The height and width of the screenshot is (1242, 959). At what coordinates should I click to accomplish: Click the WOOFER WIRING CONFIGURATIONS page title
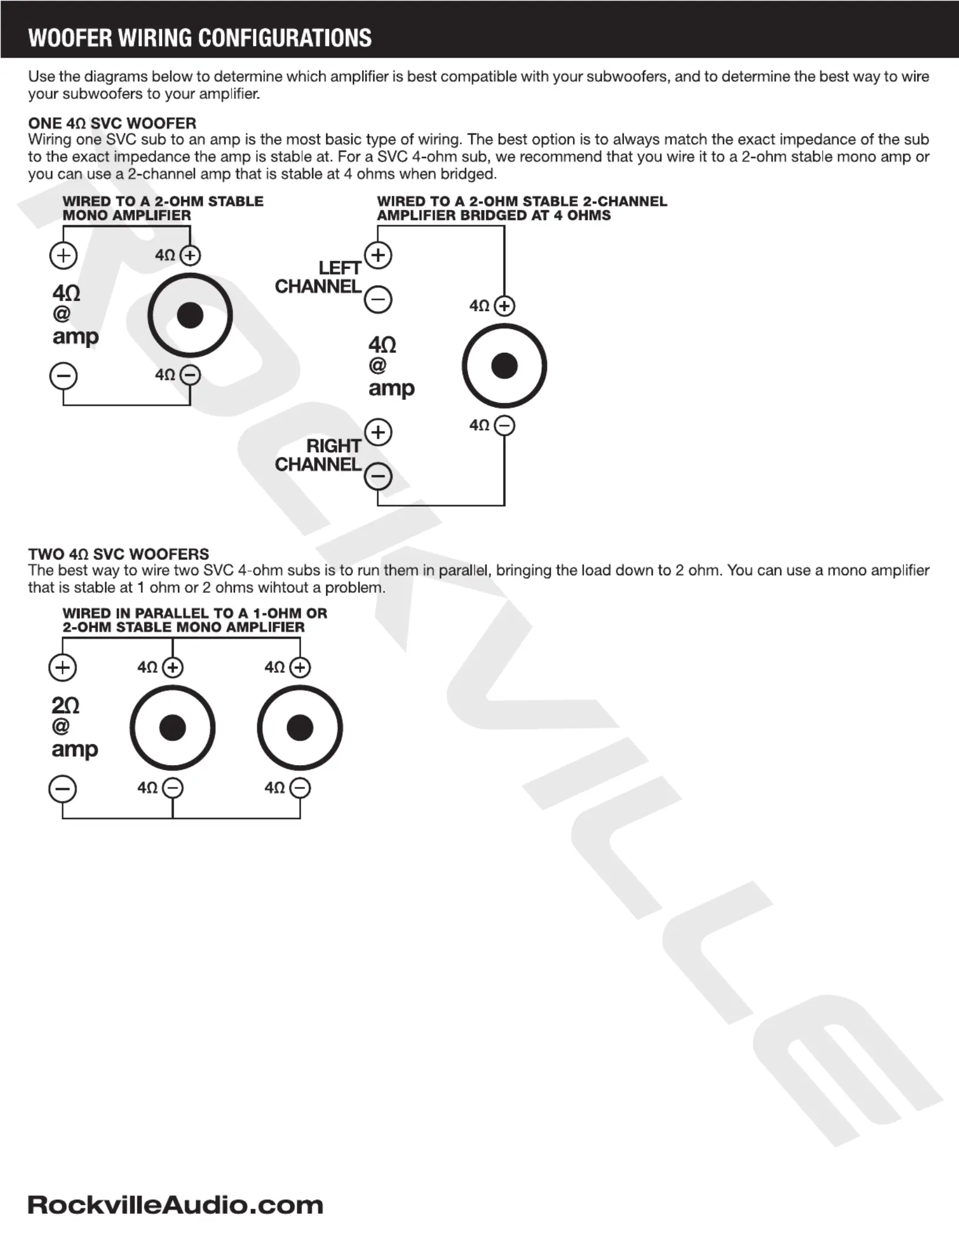(x=200, y=38)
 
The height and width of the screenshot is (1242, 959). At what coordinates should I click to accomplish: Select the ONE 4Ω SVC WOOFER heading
(x=112, y=123)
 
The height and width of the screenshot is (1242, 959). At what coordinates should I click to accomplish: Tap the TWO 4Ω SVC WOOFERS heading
(x=119, y=554)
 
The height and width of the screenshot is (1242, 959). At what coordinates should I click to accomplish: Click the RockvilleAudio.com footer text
(x=175, y=1205)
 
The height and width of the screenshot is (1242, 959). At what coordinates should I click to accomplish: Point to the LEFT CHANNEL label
(x=318, y=277)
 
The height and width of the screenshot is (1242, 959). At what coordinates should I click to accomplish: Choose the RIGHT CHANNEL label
(x=318, y=455)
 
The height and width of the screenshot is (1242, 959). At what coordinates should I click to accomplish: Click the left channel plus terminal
(x=378, y=255)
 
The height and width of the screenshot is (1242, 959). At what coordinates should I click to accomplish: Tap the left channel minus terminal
(x=378, y=299)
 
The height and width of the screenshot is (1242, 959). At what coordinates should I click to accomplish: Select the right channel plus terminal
(x=378, y=432)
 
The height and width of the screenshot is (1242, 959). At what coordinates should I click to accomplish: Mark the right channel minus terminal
(x=378, y=476)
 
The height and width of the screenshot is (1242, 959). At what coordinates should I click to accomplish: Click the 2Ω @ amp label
(x=74, y=727)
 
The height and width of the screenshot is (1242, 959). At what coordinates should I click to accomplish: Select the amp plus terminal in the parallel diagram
(x=62, y=667)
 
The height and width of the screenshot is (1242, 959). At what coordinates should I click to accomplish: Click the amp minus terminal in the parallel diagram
(x=62, y=789)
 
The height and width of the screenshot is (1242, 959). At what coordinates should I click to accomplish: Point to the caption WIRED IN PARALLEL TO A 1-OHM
(x=195, y=613)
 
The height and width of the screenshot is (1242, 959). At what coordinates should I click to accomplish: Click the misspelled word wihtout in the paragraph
(x=291, y=587)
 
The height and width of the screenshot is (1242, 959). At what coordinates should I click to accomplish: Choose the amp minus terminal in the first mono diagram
(x=63, y=376)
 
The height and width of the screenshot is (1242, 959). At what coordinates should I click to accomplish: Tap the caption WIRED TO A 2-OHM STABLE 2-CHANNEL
(x=522, y=201)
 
